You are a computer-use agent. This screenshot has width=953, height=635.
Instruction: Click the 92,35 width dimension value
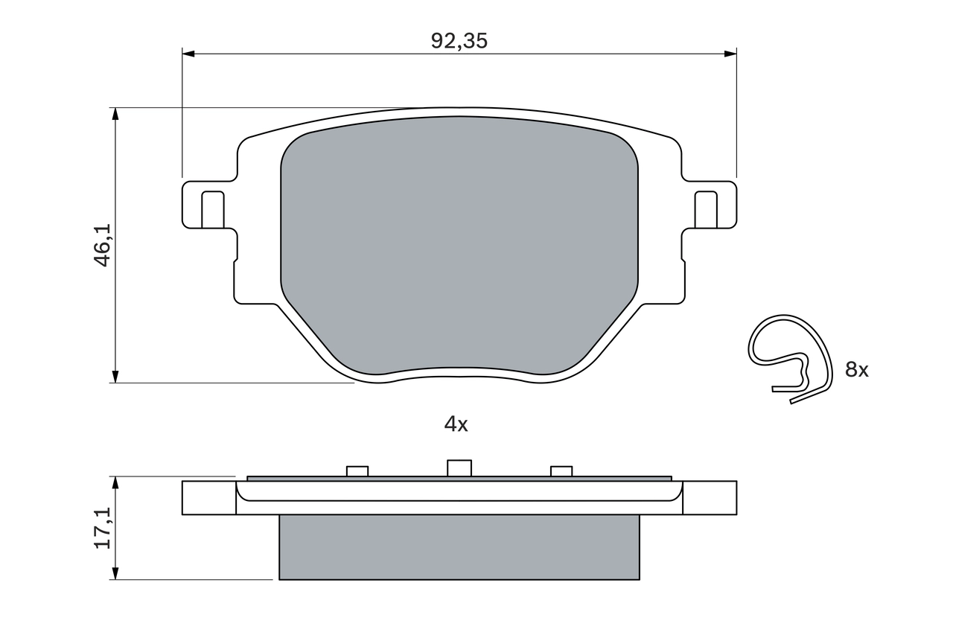459,41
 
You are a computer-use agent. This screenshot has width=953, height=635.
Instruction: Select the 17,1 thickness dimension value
103,528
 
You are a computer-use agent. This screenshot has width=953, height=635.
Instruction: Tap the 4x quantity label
456,424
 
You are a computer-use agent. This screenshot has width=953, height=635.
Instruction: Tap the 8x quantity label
856,369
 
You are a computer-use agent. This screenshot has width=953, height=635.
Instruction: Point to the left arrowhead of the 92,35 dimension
188,54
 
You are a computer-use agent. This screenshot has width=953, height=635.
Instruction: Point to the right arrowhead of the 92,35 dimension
730,54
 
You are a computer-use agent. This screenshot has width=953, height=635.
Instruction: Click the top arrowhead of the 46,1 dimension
115,113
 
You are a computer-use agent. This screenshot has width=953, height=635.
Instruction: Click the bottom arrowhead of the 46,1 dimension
115,377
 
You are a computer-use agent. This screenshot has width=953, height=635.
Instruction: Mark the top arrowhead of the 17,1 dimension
115,482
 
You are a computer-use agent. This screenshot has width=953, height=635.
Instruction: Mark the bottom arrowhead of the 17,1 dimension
115,573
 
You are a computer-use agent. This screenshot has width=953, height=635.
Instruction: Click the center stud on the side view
459,468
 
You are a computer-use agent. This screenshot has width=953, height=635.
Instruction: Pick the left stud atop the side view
357,470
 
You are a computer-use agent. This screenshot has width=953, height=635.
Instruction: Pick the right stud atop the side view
561,470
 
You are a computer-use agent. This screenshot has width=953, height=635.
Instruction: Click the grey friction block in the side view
459,547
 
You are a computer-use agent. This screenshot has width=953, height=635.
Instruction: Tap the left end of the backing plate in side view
208,497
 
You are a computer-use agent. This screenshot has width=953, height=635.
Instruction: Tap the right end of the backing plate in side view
710,497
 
